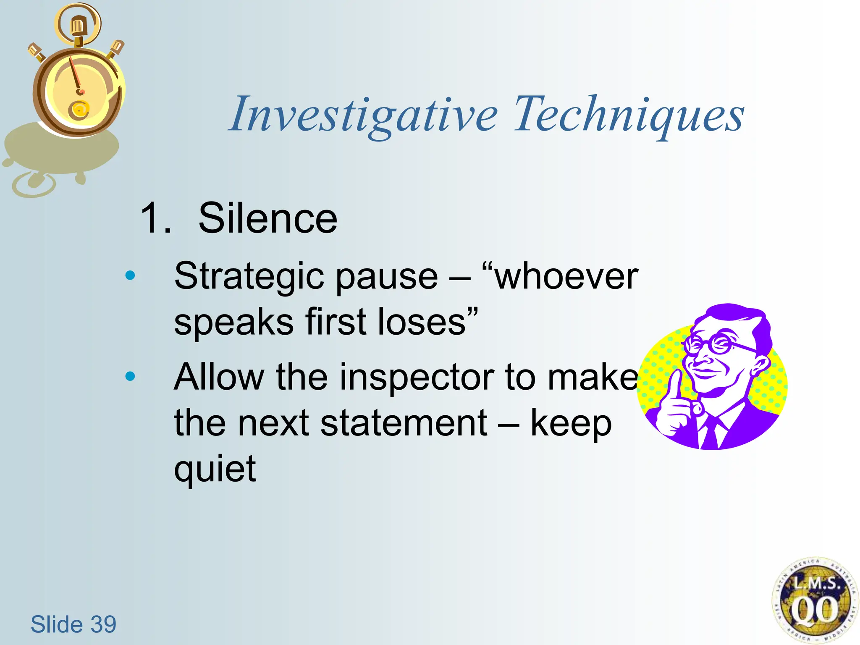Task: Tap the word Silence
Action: [267, 218]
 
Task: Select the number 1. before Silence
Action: [156, 218]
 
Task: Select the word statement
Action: [404, 423]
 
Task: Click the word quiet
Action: [215, 469]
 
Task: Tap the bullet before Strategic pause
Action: [130, 275]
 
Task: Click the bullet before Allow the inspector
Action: [130, 376]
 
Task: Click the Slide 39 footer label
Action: [73, 624]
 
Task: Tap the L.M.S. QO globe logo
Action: [814, 600]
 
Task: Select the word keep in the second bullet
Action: [571, 423]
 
